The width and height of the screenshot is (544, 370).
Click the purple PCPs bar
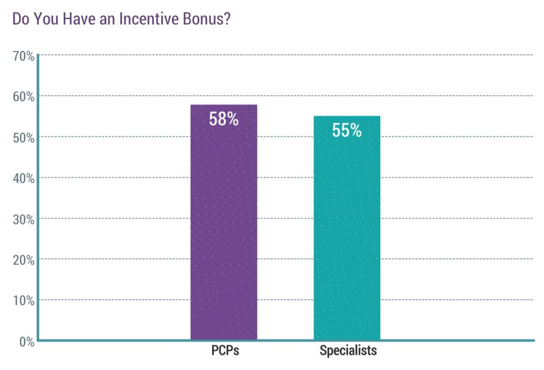[224, 227]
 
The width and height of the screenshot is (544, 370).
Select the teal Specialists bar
[347, 232]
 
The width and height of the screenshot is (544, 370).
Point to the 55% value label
[347, 130]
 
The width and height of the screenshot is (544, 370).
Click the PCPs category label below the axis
[225, 350]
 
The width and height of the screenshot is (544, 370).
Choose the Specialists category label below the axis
[348, 350]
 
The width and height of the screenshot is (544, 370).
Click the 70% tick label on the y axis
[23, 56]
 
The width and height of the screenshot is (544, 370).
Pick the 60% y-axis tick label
[23, 97]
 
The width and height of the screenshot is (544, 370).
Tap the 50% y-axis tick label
[23, 137]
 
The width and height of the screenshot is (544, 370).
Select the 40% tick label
[23, 178]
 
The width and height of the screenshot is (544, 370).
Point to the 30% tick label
[23, 219]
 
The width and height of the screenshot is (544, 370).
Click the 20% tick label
[23, 260]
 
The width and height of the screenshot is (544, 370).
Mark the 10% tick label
[23, 301]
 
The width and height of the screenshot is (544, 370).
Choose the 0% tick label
[26, 342]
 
